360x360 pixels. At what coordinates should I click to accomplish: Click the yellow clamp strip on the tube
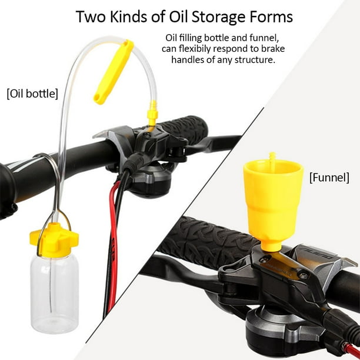[x=114, y=72]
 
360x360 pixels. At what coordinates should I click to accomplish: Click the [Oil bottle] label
[x=32, y=94]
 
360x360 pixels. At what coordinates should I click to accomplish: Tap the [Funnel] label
[x=329, y=178]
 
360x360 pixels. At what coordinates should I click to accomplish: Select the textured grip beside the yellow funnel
[x=206, y=241]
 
